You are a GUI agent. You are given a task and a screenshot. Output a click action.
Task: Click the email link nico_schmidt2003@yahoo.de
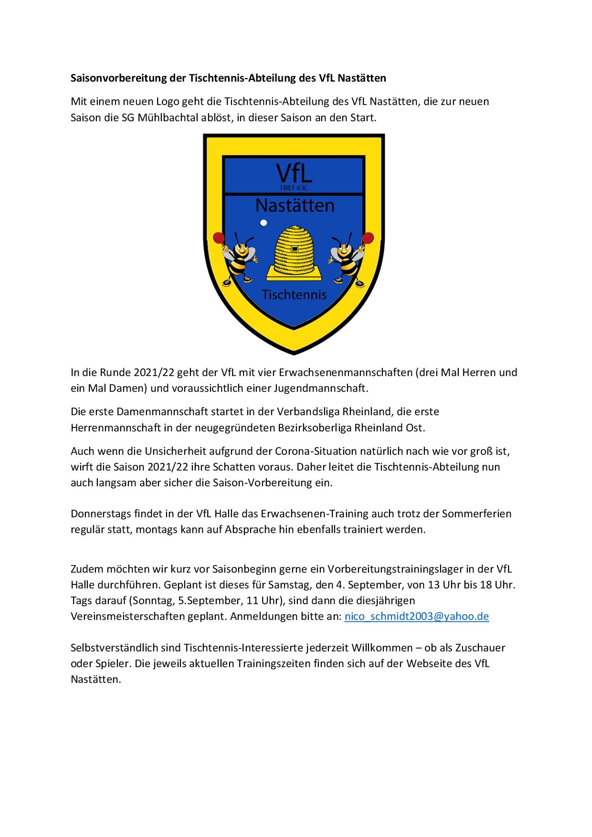coord(416,616)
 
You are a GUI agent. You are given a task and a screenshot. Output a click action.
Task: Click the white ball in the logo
coord(263,223)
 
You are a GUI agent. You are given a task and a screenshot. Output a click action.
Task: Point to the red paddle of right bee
coord(369,237)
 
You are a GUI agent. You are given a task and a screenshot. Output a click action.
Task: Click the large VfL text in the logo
coord(294,173)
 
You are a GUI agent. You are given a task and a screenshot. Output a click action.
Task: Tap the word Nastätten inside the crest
coord(295,205)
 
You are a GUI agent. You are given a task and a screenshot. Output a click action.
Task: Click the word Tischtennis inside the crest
coord(294,294)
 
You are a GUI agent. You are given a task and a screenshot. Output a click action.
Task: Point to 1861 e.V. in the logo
coord(294,188)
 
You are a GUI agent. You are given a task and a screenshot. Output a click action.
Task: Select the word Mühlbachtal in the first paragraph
coord(165,117)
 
